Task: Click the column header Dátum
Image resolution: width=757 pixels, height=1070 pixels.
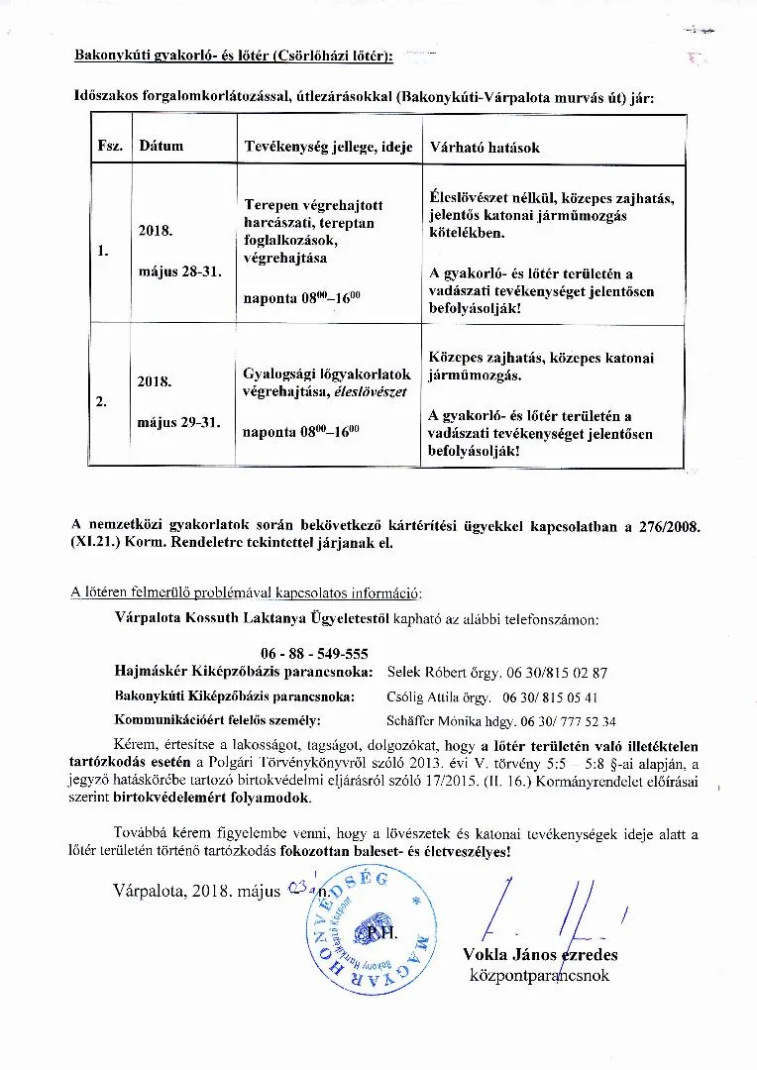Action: click(x=162, y=147)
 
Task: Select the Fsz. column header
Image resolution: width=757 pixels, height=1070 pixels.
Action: click(x=109, y=147)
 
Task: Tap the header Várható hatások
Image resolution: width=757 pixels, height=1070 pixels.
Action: click(x=485, y=148)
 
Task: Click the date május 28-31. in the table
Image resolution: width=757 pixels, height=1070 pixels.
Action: click(x=179, y=269)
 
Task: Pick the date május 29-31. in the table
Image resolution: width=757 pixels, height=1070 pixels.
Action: click(x=179, y=422)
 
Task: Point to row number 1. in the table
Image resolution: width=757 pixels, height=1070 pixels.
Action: click(x=103, y=251)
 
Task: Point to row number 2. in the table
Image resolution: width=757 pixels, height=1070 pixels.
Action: click(x=103, y=402)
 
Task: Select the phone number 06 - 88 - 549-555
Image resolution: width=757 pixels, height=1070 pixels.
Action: click(x=315, y=653)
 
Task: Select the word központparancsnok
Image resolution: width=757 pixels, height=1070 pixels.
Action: click(x=540, y=976)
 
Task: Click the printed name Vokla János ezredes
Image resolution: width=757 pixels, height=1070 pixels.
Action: click(x=540, y=955)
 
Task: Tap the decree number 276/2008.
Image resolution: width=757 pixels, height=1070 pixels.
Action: click(x=666, y=524)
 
